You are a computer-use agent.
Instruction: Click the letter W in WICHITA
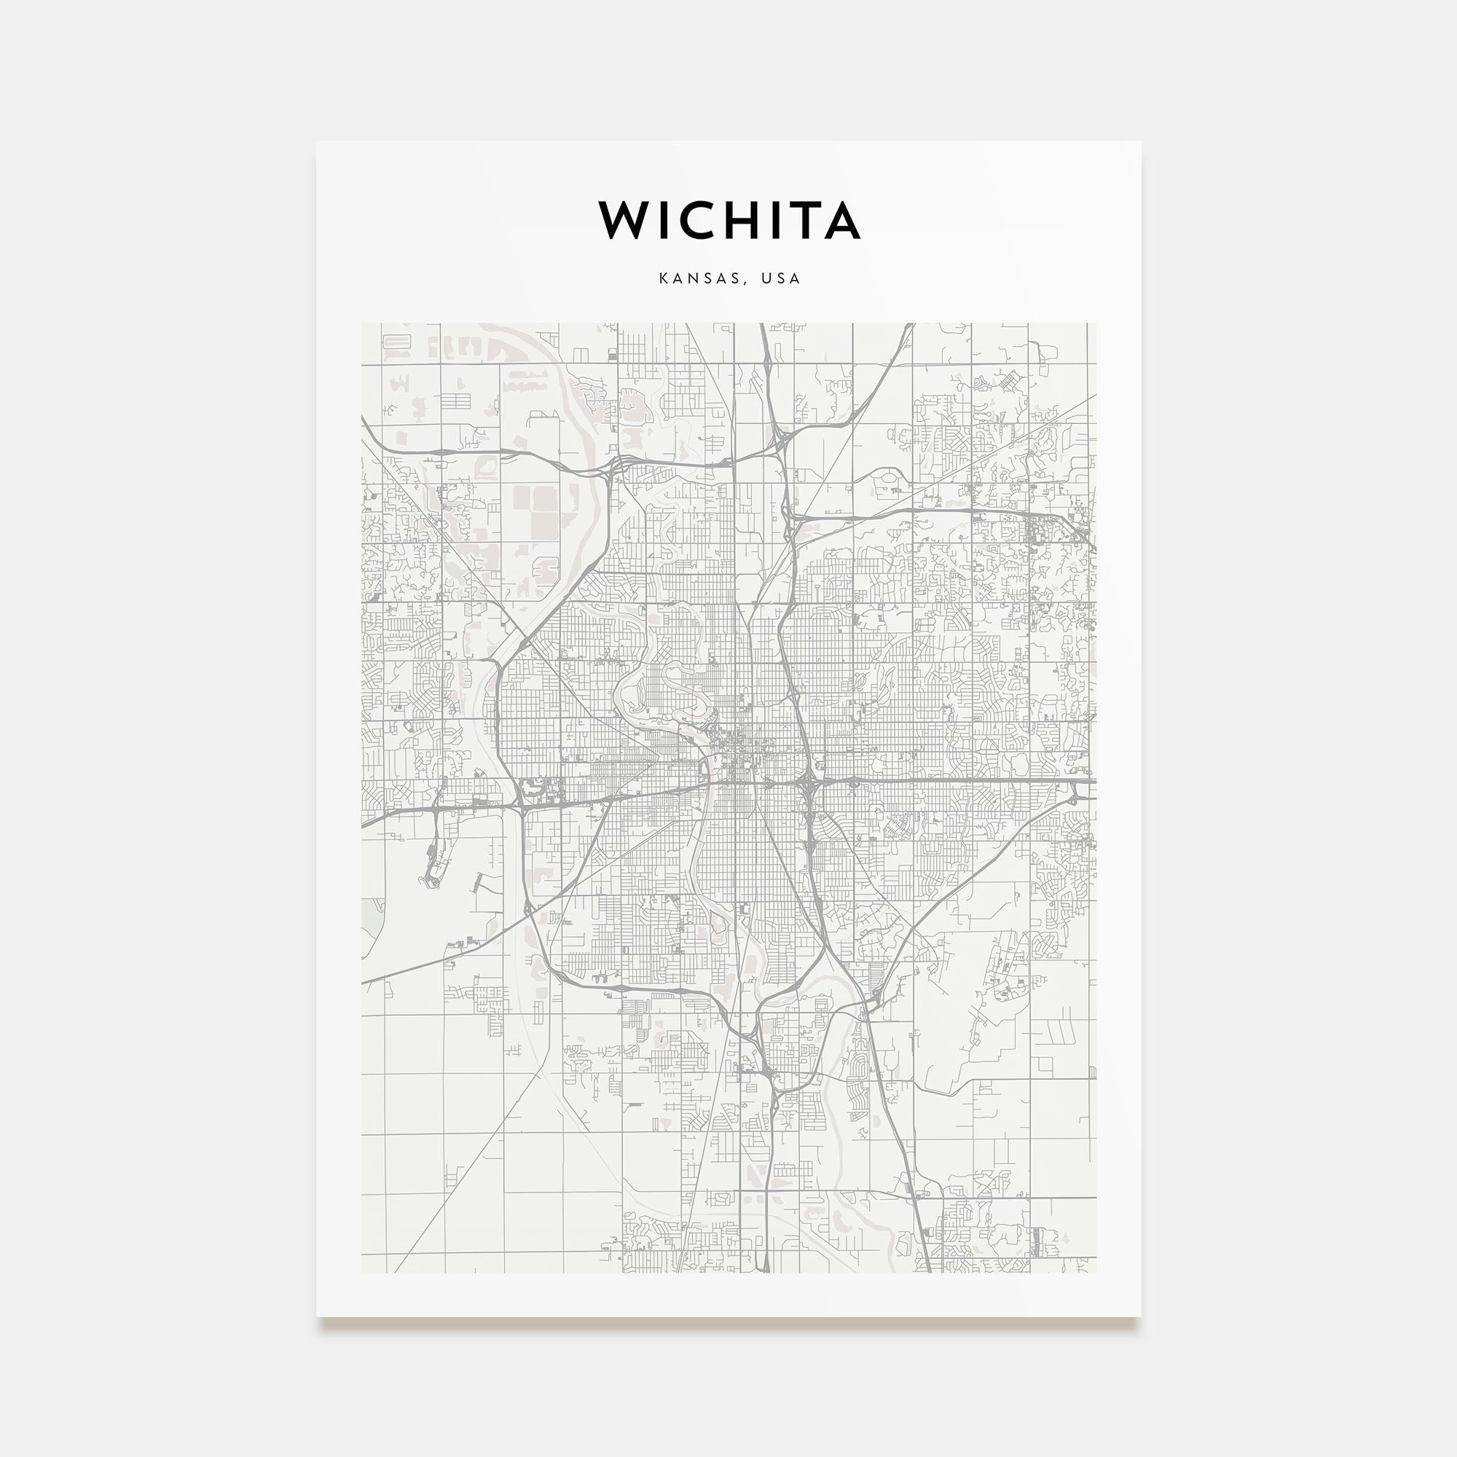click(624, 220)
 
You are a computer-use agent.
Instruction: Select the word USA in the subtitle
click(779, 278)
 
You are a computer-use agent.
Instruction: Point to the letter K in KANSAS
click(664, 278)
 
